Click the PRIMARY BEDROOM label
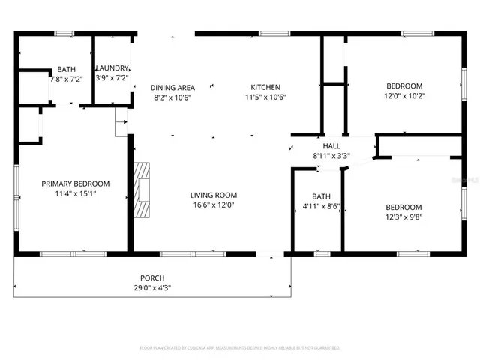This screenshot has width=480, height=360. (75, 184)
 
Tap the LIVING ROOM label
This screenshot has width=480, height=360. (213, 195)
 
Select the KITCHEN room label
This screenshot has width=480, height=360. (265, 87)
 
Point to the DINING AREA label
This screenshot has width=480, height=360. (173, 87)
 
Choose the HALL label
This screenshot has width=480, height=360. (331, 147)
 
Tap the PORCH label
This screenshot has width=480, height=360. (152, 278)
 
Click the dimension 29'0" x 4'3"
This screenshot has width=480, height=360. (152, 288)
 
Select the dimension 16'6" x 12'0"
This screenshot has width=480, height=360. (213, 205)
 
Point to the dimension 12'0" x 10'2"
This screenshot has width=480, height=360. (403, 95)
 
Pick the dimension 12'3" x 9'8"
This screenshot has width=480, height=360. (403, 217)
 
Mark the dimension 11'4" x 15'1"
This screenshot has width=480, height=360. (75, 193)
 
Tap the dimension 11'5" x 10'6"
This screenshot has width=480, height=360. (265, 97)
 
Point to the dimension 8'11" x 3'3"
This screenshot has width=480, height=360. (331, 157)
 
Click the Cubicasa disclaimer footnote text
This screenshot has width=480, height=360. (239, 348)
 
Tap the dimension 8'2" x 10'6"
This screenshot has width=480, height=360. (173, 97)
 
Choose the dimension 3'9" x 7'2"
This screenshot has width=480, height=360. (112, 78)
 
